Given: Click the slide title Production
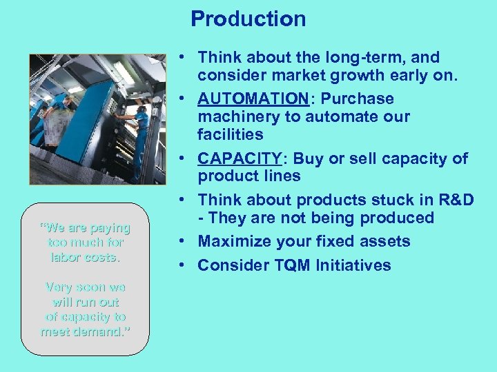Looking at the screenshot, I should click(x=248, y=19).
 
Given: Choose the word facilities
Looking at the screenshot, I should click(x=230, y=134).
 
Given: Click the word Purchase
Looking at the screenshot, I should click(x=362, y=99).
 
